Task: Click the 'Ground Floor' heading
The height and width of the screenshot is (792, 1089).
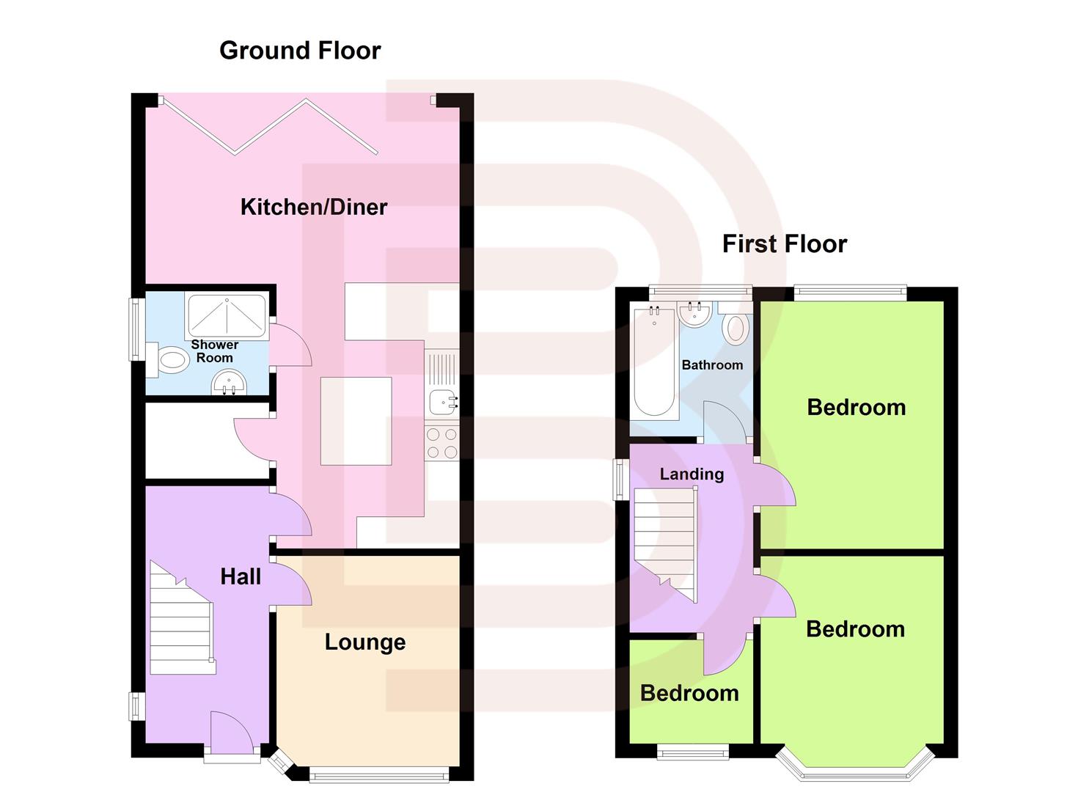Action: [300, 51]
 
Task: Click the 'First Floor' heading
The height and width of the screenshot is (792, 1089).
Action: [784, 243]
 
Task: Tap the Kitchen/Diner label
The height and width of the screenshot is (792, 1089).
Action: [314, 207]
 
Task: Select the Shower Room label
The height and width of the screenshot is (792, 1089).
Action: [215, 351]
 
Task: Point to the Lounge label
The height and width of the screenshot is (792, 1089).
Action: [365, 642]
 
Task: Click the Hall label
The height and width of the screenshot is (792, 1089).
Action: [241, 577]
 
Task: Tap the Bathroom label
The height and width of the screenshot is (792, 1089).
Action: [712, 365]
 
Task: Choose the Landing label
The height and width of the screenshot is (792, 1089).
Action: [692, 474]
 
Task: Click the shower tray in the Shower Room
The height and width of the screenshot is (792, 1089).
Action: [227, 315]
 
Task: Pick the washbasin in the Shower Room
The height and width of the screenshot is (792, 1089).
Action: [228, 383]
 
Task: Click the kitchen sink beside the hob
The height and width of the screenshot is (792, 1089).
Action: [442, 401]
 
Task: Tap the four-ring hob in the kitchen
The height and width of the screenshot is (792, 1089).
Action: [441, 442]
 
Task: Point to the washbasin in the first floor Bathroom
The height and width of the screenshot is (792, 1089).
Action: [694, 314]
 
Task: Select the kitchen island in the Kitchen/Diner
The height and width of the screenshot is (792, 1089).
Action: [356, 421]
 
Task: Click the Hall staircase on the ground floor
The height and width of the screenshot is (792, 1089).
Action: [182, 620]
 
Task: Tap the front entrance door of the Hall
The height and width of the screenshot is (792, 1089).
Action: [231, 733]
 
